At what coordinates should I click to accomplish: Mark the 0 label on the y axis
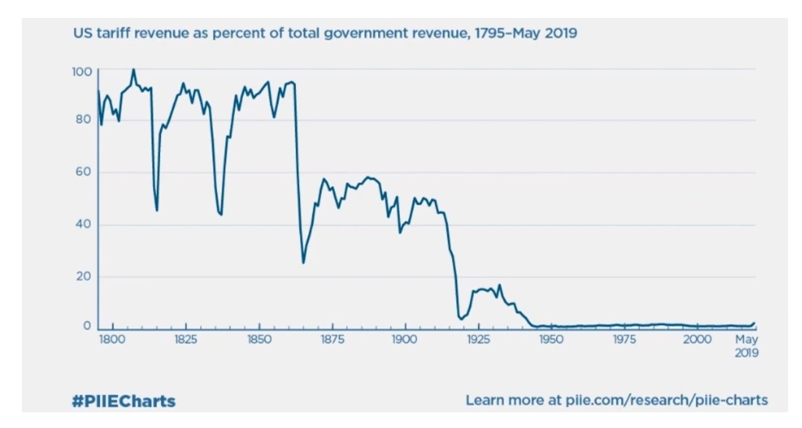pyautogui.click(x=87, y=326)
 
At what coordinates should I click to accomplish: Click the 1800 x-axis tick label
pyautogui.click(x=112, y=341)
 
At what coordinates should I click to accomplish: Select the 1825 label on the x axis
pyautogui.click(x=186, y=341)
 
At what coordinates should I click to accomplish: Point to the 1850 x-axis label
pyautogui.click(x=258, y=341)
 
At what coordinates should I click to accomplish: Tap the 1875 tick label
pyautogui.click(x=332, y=341)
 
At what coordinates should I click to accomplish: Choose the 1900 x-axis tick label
pyautogui.click(x=405, y=341)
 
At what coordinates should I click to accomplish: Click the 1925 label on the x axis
pyautogui.click(x=478, y=341)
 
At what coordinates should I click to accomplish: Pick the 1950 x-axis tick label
pyautogui.click(x=551, y=341)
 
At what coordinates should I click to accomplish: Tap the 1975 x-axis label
pyautogui.click(x=624, y=341)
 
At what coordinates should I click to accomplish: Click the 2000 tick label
pyautogui.click(x=697, y=341)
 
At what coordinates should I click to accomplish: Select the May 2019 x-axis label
pyautogui.click(x=747, y=346)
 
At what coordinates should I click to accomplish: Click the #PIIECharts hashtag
pyautogui.click(x=123, y=401)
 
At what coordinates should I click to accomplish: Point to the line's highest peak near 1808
pyautogui.click(x=133, y=70)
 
